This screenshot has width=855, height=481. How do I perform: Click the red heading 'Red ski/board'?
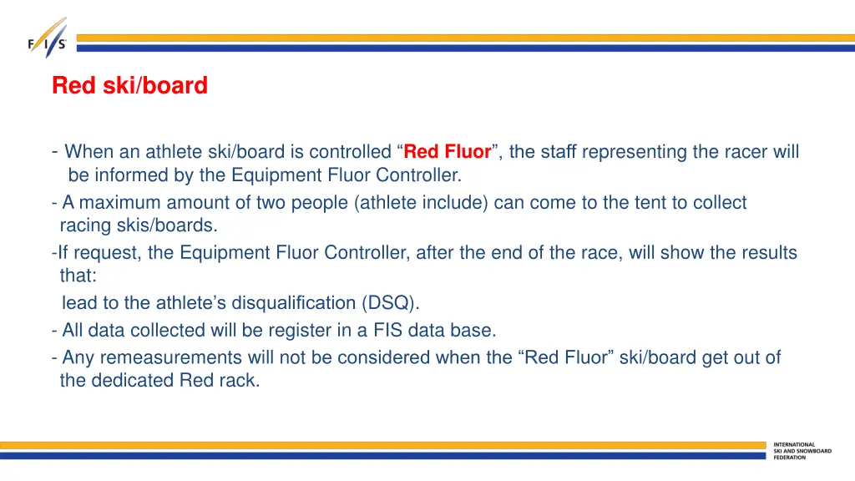tap(129, 86)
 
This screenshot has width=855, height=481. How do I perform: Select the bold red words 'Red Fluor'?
tap(448, 152)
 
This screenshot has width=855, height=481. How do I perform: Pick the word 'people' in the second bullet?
tap(317, 203)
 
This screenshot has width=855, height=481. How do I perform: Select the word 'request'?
tap(111, 253)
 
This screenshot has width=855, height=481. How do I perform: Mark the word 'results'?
tap(766, 253)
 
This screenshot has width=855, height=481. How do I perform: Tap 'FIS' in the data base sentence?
tap(386, 331)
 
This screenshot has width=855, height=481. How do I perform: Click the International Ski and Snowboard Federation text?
tap(802, 451)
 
